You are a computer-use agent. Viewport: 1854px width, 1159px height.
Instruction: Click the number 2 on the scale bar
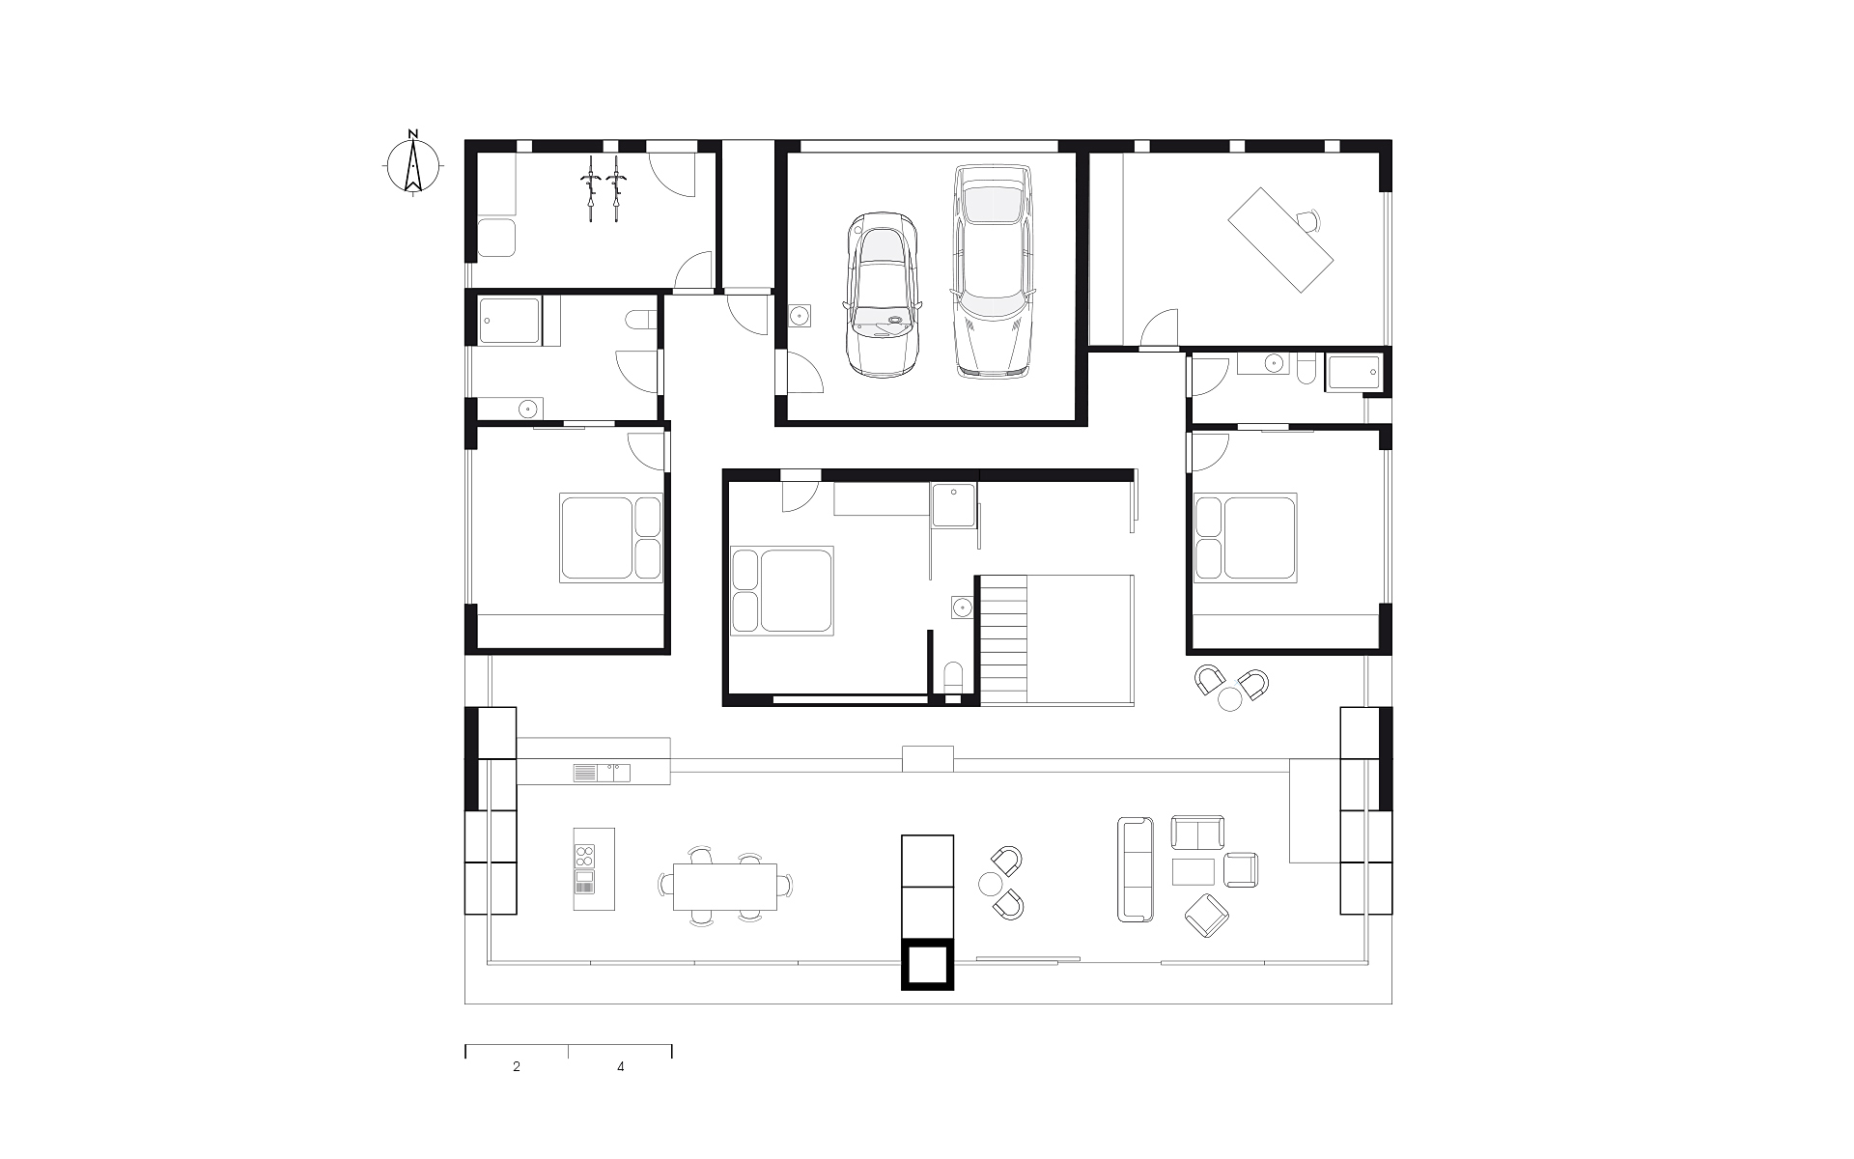(x=517, y=1067)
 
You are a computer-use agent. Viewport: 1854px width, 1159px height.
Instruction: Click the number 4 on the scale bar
(x=620, y=1067)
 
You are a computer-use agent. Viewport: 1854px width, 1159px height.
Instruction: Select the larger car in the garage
(x=993, y=270)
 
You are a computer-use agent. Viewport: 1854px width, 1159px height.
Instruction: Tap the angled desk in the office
(x=1280, y=240)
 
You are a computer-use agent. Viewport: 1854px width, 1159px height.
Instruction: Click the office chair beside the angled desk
(x=1308, y=221)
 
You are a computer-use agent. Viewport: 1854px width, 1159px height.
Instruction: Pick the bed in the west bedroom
(x=611, y=538)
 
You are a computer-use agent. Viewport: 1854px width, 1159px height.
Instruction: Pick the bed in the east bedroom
(x=1246, y=537)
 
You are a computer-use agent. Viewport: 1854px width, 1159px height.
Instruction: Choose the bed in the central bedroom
(x=782, y=590)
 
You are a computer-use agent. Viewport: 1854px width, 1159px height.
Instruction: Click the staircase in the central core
(x=1004, y=640)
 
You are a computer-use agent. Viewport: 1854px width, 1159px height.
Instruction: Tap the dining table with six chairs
(x=725, y=887)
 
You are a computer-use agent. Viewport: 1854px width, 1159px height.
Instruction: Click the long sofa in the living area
(x=1136, y=869)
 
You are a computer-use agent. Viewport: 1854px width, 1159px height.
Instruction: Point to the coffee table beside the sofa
(x=1194, y=871)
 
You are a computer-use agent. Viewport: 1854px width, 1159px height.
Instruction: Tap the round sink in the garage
(x=801, y=316)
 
